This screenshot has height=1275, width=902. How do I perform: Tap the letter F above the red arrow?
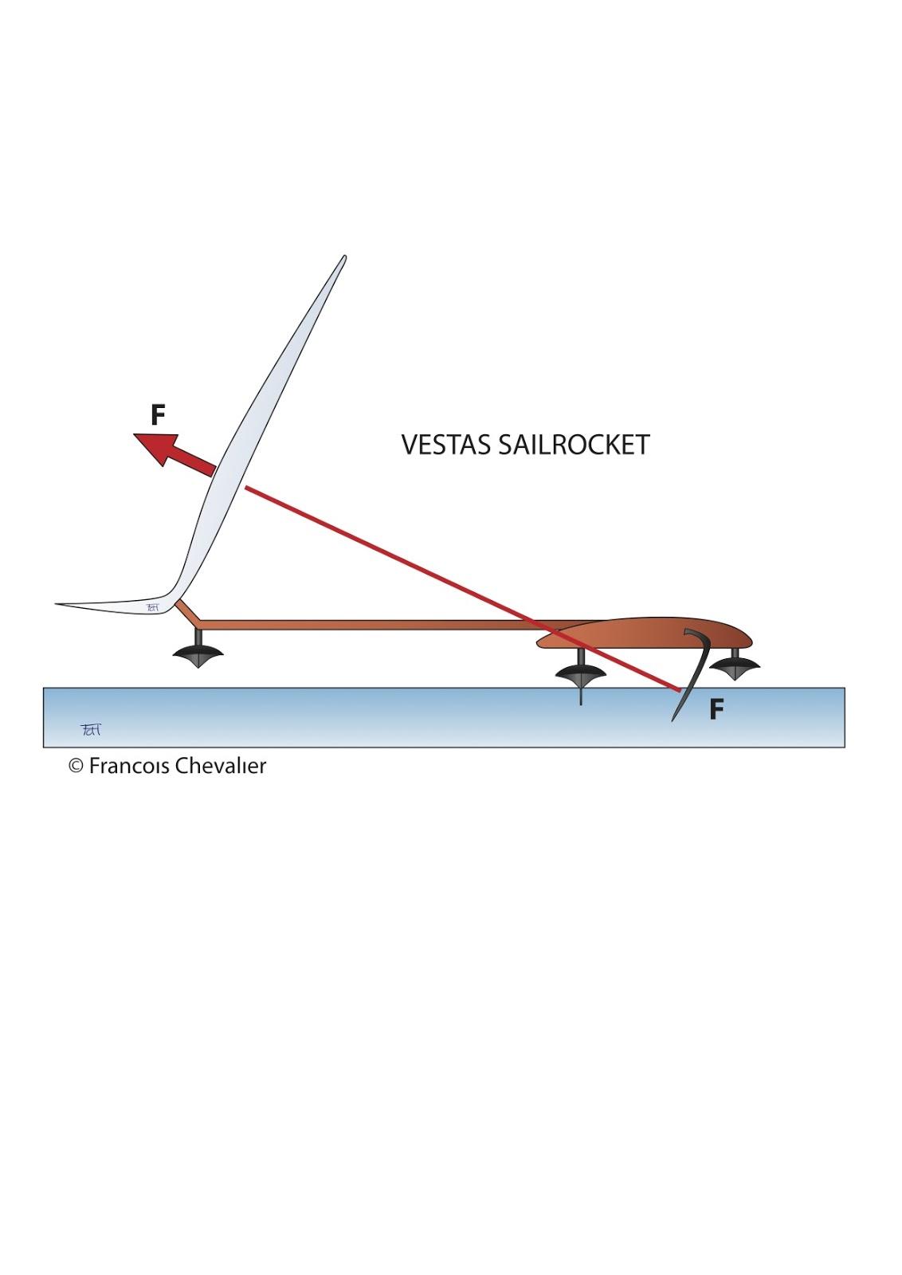tap(158, 415)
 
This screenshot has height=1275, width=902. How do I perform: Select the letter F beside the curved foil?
tap(716, 709)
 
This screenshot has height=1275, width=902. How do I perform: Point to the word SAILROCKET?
tap(574, 445)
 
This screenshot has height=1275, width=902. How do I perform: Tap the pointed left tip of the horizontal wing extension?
tap(58, 604)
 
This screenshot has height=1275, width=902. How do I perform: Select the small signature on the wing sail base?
tap(155, 607)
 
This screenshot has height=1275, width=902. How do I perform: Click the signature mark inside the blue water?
tap(91, 728)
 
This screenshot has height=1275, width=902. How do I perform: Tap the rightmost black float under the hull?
tap(734, 666)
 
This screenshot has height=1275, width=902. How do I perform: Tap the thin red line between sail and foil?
tap(398, 559)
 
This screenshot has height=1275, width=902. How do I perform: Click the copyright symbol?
tap(76, 767)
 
